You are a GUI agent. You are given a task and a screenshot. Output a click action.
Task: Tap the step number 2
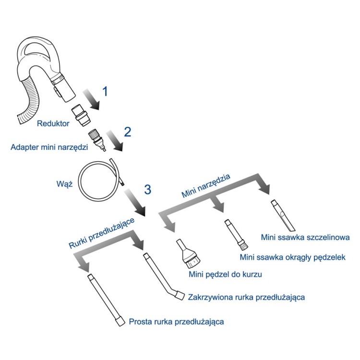127,132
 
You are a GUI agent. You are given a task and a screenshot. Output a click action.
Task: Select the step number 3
147,189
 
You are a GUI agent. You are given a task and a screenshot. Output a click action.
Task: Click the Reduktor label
53,124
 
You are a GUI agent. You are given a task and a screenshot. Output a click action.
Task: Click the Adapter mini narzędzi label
49,147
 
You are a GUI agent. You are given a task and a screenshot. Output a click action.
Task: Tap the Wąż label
64,183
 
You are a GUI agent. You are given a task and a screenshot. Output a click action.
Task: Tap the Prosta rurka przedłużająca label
176,321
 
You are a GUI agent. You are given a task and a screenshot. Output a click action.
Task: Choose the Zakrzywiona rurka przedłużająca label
247,297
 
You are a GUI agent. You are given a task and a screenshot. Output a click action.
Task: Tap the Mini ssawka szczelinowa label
304,237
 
